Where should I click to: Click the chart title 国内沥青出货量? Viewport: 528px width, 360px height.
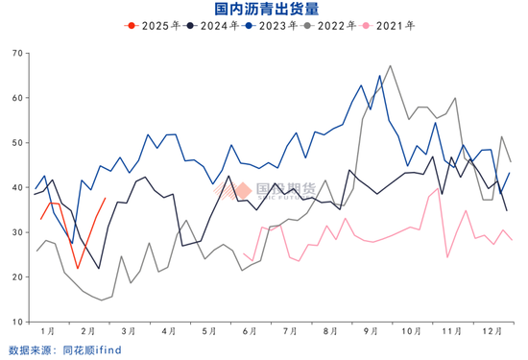[x=263, y=9]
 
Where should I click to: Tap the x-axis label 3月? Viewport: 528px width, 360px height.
[x=129, y=330]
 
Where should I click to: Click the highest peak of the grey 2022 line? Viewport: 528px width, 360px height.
[x=390, y=66]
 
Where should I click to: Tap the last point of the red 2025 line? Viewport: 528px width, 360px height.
[x=105, y=199]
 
